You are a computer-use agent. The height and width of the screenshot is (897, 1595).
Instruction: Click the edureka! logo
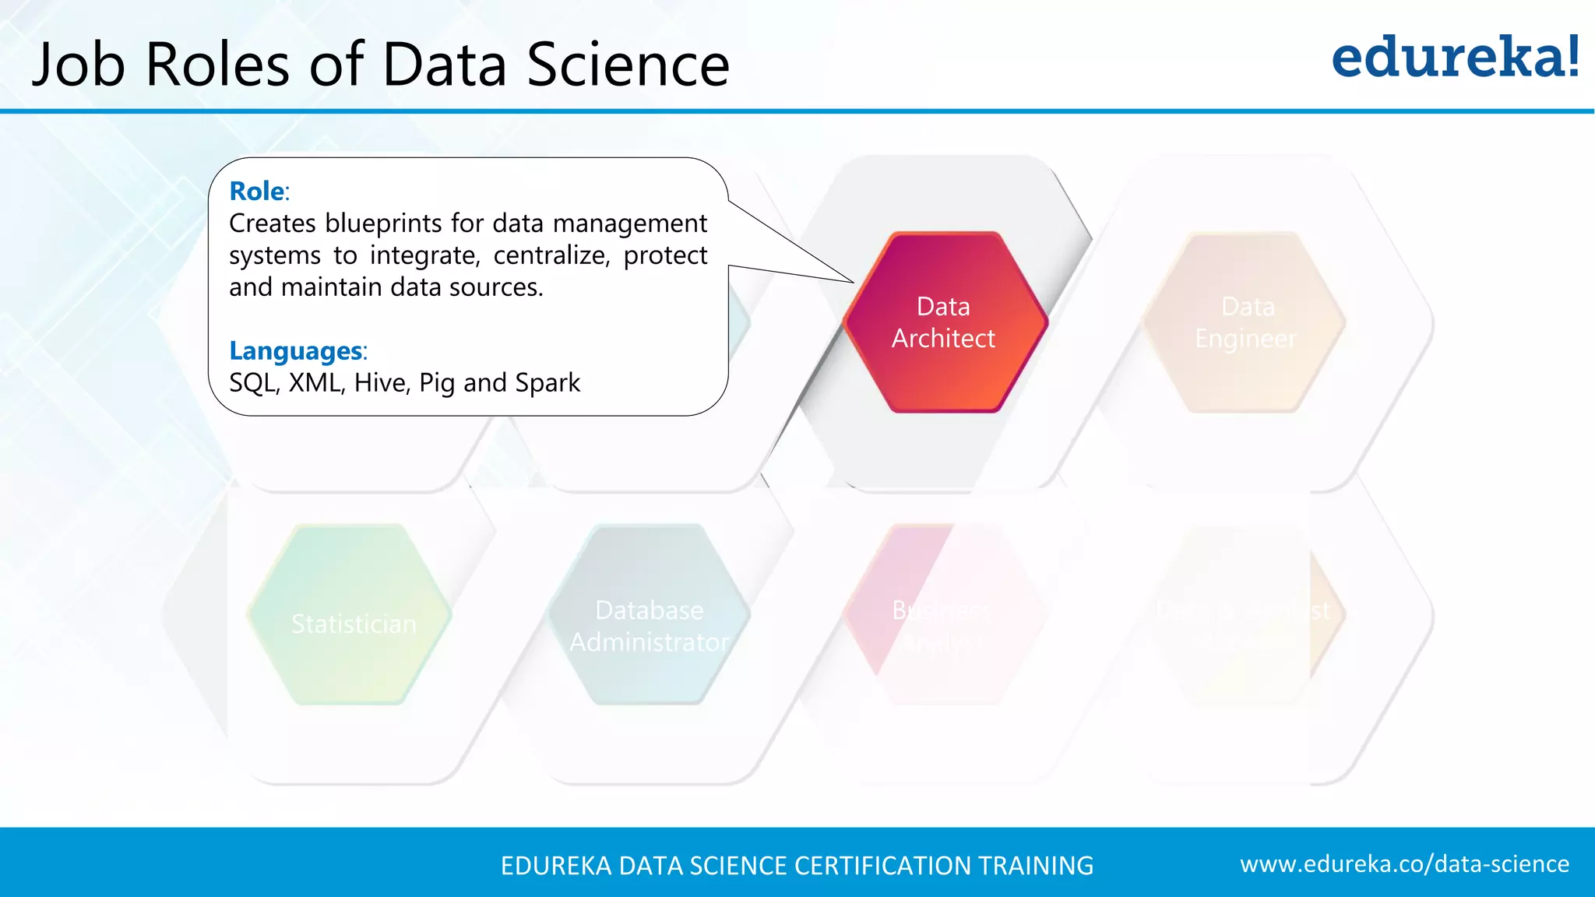coord(1455,58)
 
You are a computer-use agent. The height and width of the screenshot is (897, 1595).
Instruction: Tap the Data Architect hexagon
coord(944,322)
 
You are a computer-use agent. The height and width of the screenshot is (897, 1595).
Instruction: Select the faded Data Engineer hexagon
coord(1245,322)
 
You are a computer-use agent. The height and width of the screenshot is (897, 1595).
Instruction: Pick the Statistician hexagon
coord(353,615)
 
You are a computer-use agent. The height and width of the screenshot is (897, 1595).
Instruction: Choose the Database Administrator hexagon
coord(649,615)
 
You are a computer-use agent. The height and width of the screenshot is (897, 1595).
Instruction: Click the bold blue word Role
coord(256,191)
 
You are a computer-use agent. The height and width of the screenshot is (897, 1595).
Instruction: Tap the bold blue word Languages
coord(295,351)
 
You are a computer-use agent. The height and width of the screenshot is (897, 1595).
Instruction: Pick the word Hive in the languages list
coord(381,383)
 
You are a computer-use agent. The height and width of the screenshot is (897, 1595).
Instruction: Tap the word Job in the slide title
coord(79,64)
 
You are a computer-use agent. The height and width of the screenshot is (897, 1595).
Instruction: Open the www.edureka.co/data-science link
coord(1404,864)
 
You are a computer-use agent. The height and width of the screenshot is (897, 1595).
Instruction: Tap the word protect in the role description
coord(665,255)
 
